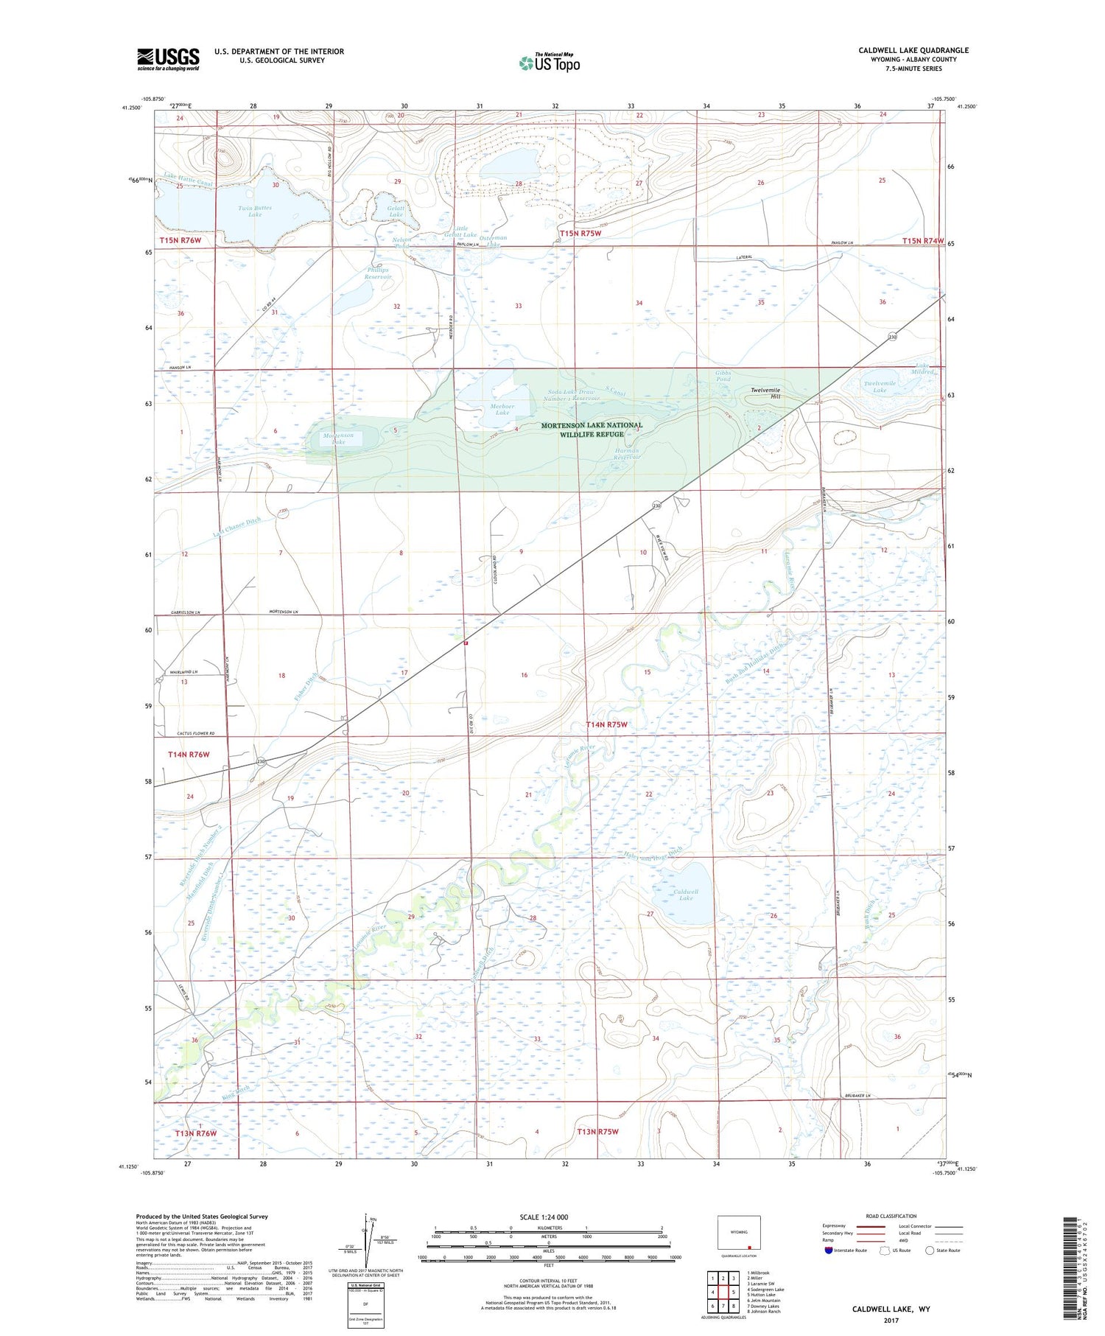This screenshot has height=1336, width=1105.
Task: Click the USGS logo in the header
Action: (x=168, y=59)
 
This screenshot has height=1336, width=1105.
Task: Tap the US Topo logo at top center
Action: (x=550, y=63)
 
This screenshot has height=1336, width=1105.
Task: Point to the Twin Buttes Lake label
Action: (x=255, y=211)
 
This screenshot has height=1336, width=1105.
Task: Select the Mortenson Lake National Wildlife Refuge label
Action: (x=592, y=430)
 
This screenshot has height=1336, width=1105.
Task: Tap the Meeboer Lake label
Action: (x=502, y=409)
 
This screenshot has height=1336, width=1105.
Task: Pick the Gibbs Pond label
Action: (x=723, y=377)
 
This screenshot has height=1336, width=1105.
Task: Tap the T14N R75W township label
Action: (x=607, y=724)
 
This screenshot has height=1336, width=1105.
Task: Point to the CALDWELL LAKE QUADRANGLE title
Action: (x=913, y=50)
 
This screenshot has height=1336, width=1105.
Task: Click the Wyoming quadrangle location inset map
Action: (x=738, y=1233)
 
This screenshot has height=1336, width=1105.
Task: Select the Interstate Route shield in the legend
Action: (x=828, y=1251)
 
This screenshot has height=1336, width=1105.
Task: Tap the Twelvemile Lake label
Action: (x=880, y=386)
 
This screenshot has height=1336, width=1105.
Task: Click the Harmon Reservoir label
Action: (x=627, y=453)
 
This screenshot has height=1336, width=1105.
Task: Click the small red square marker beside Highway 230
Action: (x=466, y=643)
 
